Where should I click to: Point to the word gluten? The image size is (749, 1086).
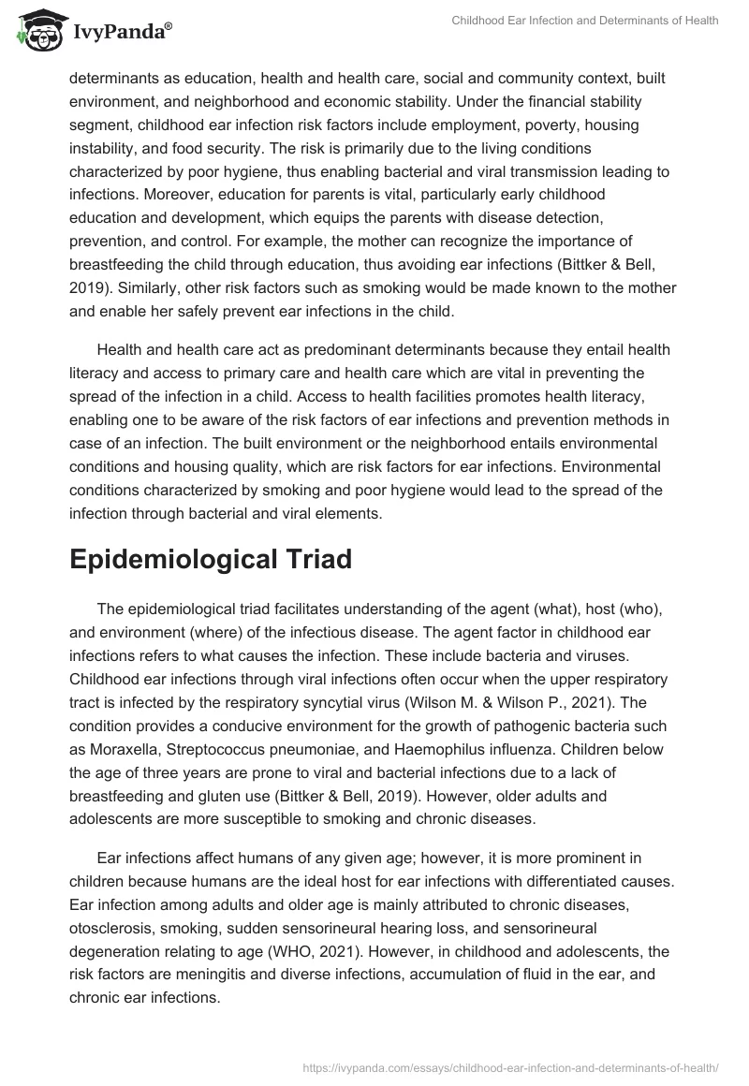(222, 800)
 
